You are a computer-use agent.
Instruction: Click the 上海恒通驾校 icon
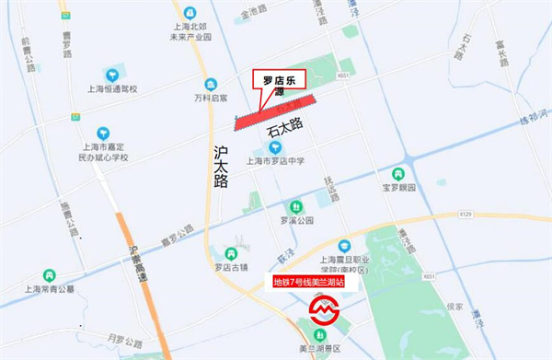112,74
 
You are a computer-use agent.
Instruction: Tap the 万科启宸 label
211,97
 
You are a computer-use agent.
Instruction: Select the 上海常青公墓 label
43,288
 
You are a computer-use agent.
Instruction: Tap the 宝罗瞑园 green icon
398,173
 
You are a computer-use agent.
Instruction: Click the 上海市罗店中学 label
276,162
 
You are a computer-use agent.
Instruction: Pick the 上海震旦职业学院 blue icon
344,246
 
